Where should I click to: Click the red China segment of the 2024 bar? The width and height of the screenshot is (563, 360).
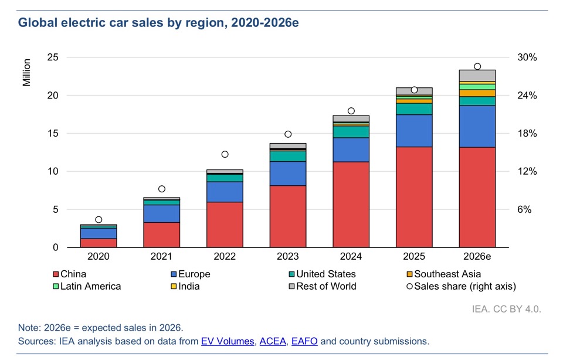[x=351, y=204]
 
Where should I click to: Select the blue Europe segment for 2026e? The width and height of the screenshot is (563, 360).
[x=477, y=126]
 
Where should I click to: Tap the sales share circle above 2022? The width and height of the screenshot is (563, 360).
[x=225, y=154]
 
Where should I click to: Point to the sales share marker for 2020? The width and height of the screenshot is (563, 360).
[x=99, y=220]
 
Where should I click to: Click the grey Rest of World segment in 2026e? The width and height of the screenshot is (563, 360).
[x=477, y=76]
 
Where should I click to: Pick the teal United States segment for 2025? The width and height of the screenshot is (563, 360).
[x=414, y=109]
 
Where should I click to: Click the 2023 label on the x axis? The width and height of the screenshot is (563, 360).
[x=287, y=256]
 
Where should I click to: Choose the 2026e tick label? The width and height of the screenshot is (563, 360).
[x=477, y=256]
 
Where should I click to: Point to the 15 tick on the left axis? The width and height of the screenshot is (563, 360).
[x=53, y=134]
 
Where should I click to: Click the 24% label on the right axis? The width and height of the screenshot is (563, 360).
[x=527, y=96]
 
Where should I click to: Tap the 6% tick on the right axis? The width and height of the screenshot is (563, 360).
[x=524, y=210]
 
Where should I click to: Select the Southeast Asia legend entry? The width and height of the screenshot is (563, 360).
[x=443, y=274]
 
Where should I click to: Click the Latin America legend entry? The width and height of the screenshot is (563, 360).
[x=87, y=287]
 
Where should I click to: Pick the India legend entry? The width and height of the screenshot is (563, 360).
[x=185, y=287]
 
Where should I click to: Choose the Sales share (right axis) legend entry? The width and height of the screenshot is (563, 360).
[x=461, y=287]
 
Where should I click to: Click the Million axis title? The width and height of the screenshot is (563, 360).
[x=26, y=73]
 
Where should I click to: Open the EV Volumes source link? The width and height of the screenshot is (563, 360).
[x=228, y=341]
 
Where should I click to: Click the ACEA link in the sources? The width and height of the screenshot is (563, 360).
[x=273, y=341]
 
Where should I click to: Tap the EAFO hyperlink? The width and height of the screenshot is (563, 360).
[x=304, y=341]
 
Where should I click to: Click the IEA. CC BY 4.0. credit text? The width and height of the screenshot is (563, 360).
[x=506, y=309]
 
